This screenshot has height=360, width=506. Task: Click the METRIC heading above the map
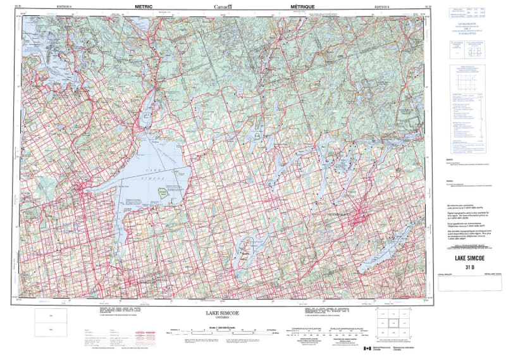144,6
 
